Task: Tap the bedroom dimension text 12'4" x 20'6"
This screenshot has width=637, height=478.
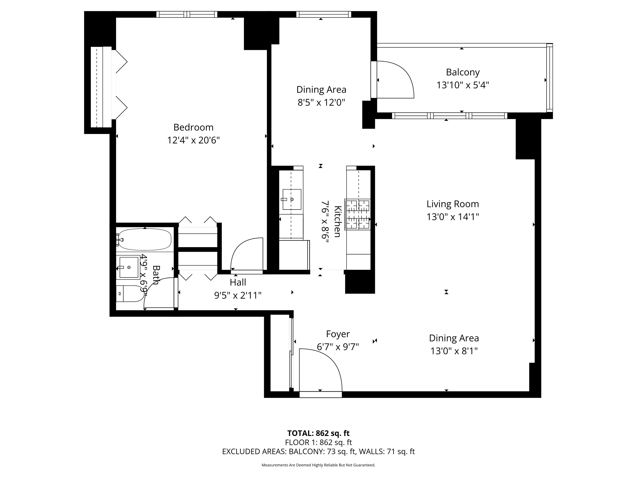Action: [193, 140]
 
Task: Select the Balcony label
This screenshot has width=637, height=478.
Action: [462, 72]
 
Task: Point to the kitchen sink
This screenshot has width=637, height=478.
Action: [292, 199]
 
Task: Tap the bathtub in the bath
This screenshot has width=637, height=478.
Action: [145, 239]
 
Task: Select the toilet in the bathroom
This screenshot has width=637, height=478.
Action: [130, 294]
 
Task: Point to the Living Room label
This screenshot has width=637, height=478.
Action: [452, 204]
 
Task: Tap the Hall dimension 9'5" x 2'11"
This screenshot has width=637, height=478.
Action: [238, 295]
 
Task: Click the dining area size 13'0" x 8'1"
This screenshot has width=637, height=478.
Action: [454, 351]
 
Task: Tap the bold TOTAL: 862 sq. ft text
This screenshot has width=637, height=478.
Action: [318, 433]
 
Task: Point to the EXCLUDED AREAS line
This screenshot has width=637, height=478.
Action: [318, 451]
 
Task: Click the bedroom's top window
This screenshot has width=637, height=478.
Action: [187, 14]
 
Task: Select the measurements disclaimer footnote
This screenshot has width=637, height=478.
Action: [318, 465]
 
